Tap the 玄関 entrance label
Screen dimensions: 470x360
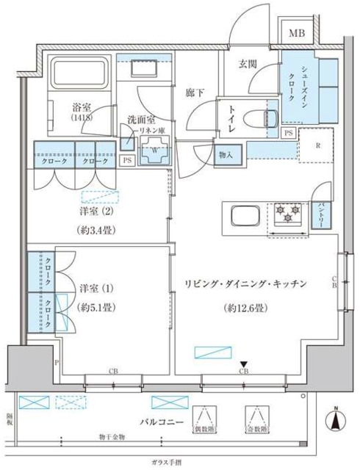pyautogui.click(x=247, y=63)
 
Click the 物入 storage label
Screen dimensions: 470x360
pyautogui.click(x=226, y=154)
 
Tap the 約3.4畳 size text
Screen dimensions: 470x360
pyautogui.click(x=99, y=229)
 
